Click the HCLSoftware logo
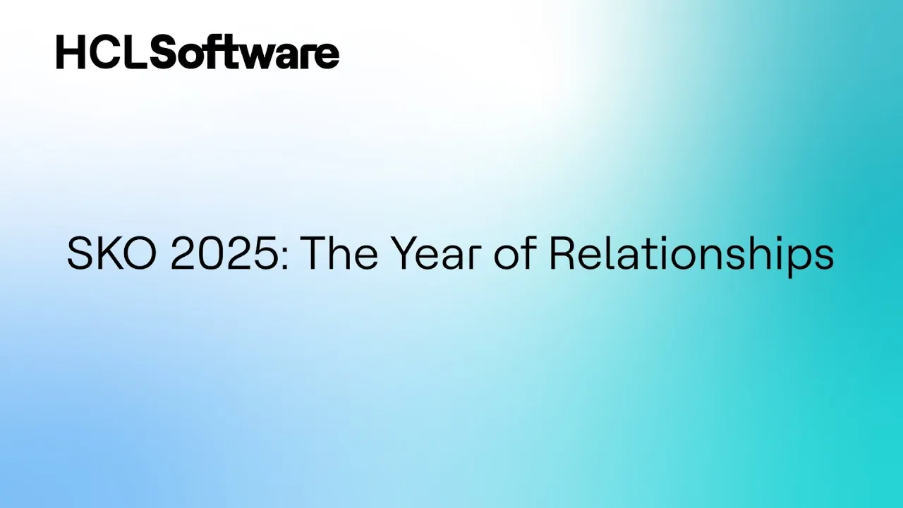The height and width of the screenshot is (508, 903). [x=198, y=52]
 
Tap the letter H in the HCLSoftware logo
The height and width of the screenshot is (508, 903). [x=71, y=52]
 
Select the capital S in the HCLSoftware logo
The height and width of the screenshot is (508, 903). [x=165, y=52]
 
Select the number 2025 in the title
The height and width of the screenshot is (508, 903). [x=224, y=253]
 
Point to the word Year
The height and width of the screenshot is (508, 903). [x=437, y=253]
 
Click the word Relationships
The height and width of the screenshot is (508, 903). [x=692, y=257]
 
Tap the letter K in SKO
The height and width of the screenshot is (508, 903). [x=109, y=253]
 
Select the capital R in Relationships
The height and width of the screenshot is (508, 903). [x=562, y=253]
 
